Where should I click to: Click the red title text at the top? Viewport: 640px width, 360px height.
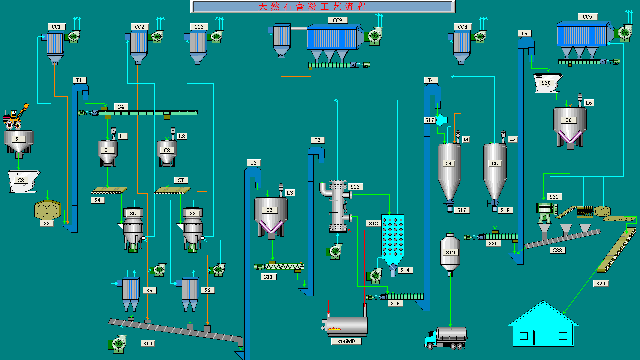(x=312, y=7)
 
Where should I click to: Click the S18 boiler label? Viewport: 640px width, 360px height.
(x=346, y=341)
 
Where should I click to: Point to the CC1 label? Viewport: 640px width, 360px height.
(x=56, y=27)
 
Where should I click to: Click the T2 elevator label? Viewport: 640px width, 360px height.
(x=254, y=163)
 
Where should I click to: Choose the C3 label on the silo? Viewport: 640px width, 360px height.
(x=269, y=210)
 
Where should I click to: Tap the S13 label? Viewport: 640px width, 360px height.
(x=373, y=223)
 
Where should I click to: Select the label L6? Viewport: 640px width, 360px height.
(x=589, y=103)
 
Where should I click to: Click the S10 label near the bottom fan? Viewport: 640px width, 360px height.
(x=148, y=343)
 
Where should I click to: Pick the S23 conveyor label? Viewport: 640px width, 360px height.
(x=601, y=283)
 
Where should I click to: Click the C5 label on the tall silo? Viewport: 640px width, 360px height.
(x=495, y=163)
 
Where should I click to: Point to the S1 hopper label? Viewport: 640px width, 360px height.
(x=18, y=139)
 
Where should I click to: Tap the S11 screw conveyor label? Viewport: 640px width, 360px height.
(x=268, y=277)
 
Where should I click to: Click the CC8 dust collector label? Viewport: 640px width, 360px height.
(x=462, y=27)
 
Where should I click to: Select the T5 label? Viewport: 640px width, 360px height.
(x=524, y=33)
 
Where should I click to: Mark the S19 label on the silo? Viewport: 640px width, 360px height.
(x=450, y=252)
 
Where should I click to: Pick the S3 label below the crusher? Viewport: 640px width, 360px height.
(x=46, y=223)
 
